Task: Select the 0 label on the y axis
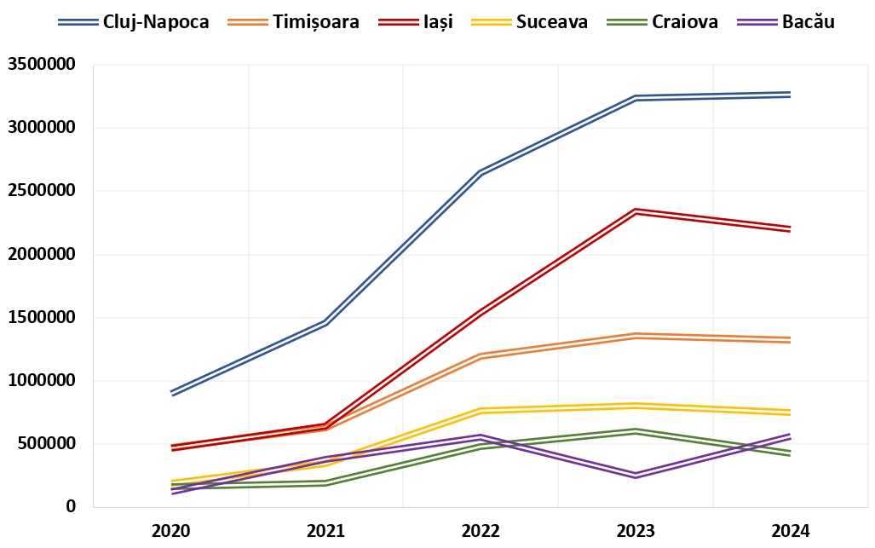(x=71, y=507)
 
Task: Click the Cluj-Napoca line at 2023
(x=636, y=98)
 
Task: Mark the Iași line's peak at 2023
(x=636, y=211)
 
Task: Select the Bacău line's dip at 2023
(x=636, y=476)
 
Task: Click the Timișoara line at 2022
(x=481, y=356)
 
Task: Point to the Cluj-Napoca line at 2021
(x=326, y=323)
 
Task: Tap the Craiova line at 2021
(x=326, y=483)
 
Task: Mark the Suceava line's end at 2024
(x=790, y=412)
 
